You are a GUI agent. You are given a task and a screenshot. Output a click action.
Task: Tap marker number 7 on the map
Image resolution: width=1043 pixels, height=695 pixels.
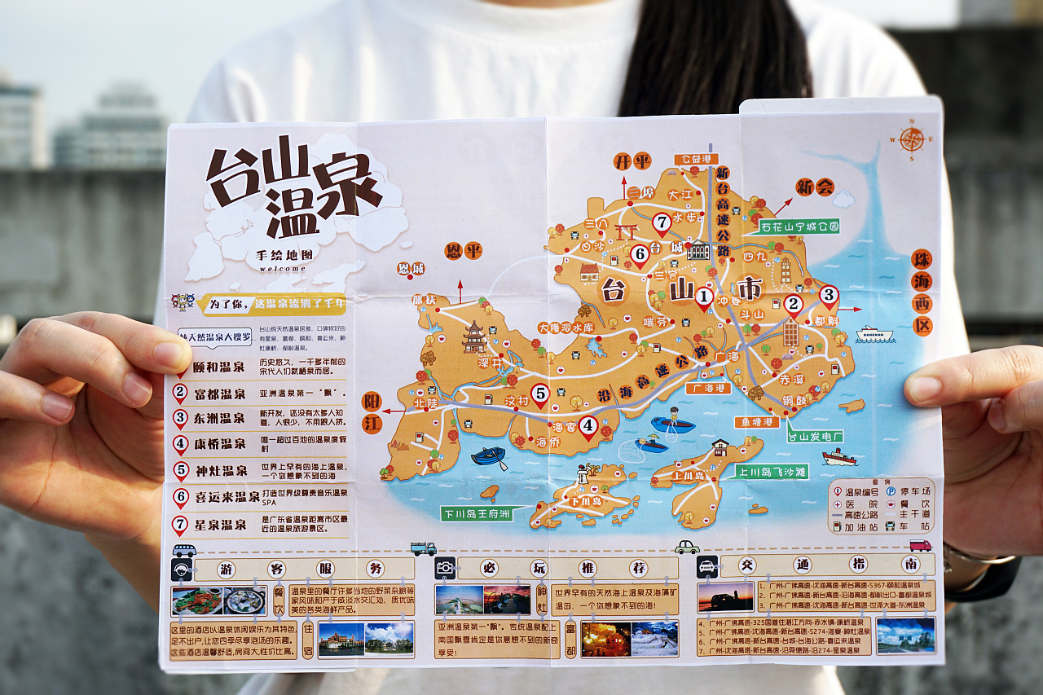pos(662,222)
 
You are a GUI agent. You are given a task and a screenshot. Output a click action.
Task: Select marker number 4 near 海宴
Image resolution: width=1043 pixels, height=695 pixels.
pos(588,425)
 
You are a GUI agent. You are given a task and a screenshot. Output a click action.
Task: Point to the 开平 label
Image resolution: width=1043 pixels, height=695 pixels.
pos(632,161)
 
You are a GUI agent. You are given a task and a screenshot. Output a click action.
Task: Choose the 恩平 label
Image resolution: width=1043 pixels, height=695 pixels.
pos(464,251)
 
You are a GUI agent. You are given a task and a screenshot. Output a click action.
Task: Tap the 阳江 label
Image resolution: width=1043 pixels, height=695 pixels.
pos(372,412)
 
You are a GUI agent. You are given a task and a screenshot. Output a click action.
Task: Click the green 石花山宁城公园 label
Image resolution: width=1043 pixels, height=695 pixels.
pos(798,227)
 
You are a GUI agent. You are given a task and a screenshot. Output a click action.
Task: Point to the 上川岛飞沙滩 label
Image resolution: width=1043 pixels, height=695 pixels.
pos(771,472)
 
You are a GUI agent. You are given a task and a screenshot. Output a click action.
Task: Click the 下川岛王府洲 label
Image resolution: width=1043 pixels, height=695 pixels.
pos(476,514)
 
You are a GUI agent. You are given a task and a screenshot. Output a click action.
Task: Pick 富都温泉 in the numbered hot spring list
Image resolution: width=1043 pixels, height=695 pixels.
pos(219,394)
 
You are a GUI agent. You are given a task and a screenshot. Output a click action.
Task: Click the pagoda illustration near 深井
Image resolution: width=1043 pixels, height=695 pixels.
pos(474,337)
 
